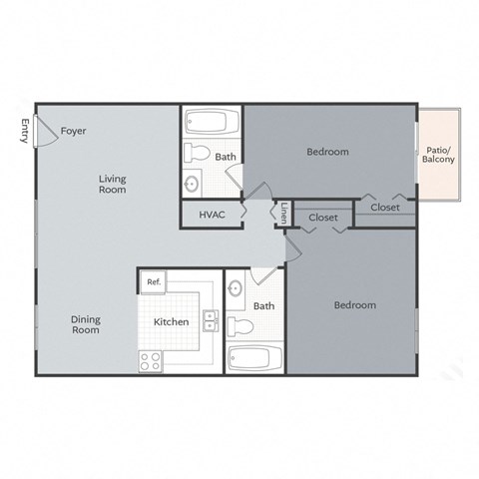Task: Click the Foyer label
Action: click(x=72, y=131)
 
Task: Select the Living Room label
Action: click(x=112, y=184)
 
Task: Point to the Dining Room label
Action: click(x=86, y=324)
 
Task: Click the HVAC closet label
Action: click(x=211, y=216)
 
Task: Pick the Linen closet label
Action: click(x=284, y=214)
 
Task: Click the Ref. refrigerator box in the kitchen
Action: click(x=154, y=282)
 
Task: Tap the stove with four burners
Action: click(x=152, y=360)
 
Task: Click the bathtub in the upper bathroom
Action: click(x=212, y=125)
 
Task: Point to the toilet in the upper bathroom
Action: click(x=197, y=154)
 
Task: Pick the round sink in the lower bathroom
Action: click(x=236, y=289)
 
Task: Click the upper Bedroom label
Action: click(x=327, y=152)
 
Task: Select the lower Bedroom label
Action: click(x=355, y=304)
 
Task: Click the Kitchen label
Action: click(x=172, y=322)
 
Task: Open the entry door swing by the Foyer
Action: click(x=45, y=130)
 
